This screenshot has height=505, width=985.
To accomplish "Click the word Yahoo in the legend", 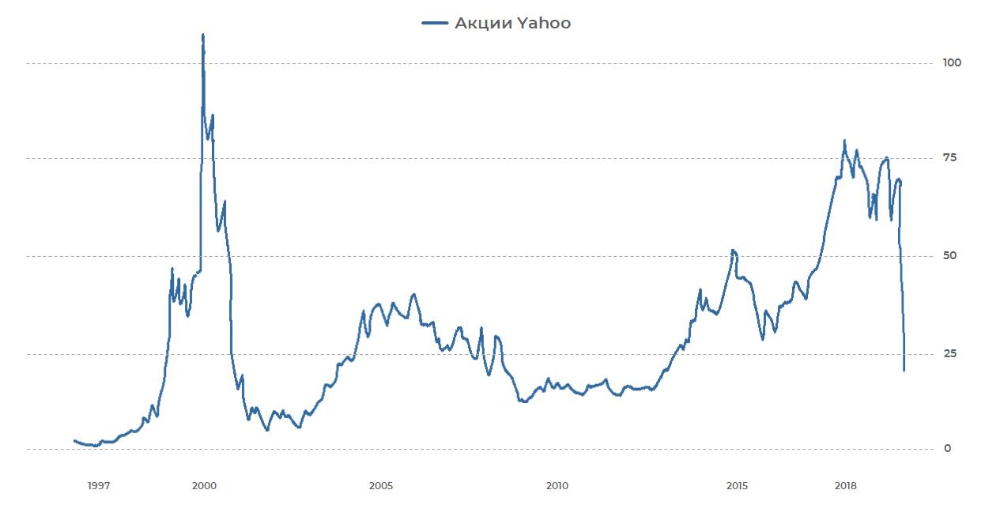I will (x=544, y=24).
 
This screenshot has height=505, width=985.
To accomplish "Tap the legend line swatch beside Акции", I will (x=436, y=24).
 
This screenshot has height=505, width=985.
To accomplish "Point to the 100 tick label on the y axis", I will (x=951, y=62).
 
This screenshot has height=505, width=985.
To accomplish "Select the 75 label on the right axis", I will (x=949, y=158).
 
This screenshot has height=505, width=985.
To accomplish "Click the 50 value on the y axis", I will (x=949, y=256).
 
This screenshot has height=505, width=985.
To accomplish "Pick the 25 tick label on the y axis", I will (x=949, y=353).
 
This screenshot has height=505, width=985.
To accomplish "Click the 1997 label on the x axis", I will (x=98, y=485).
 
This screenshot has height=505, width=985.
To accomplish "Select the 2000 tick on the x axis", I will (x=204, y=485).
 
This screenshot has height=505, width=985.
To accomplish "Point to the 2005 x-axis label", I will (x=380, y=485).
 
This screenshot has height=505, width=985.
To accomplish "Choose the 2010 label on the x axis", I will (x=557, y=485).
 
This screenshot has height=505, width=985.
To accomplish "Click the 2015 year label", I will (x=737, y=485).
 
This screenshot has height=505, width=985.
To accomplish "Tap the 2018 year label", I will (x=847, y=485).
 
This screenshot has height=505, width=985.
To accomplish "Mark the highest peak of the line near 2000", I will (x=203, y=35).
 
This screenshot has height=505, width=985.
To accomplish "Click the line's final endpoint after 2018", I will (x=904, y=370).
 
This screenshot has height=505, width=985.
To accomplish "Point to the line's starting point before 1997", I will (x=74, y=441).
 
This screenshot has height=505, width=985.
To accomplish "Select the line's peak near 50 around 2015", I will (x=734, y=251).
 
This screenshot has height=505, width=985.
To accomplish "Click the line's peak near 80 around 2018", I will (x=844, y=141).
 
